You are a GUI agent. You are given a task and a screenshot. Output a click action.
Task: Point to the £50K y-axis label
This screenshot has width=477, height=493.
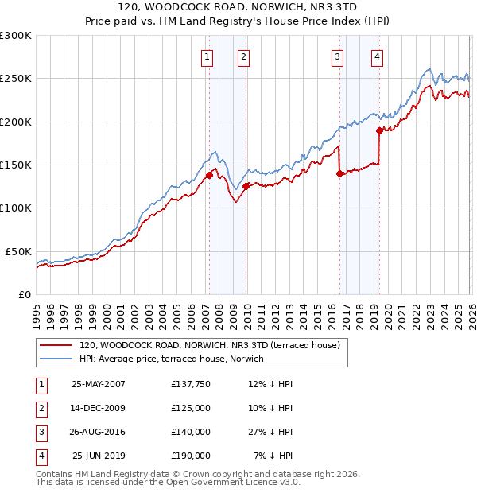click(19, 251)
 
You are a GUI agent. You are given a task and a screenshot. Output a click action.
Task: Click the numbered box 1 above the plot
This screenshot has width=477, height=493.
click(207, 56)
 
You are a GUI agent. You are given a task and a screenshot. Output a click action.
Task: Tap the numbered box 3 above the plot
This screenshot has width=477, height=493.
click(338, 56)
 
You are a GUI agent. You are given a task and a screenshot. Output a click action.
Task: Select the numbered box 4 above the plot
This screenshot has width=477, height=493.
click(377, 56)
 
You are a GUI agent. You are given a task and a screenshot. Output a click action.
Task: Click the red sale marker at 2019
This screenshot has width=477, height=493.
click(379, 130)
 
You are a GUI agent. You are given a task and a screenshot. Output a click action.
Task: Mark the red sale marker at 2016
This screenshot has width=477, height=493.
click(339, 173)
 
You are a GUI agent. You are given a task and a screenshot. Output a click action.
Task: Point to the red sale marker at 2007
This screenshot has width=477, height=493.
click(209, 175)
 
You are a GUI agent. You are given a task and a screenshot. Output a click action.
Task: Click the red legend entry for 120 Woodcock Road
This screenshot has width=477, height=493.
click(209, 346)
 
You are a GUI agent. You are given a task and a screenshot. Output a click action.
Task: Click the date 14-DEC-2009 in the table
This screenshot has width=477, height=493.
click(98, 408)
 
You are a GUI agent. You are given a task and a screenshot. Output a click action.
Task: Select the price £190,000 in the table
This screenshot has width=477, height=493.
click(191, 456)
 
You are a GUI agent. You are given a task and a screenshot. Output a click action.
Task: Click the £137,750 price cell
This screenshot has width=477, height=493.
click(191, 384)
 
